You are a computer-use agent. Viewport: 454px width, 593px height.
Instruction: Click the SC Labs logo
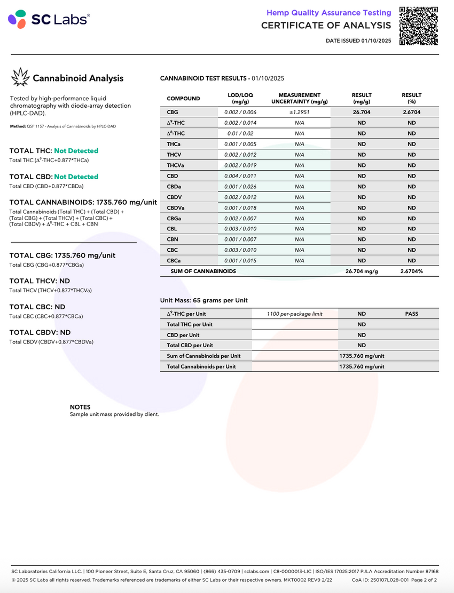tap(49, 19)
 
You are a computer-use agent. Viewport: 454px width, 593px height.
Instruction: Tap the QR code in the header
tap(419, 26)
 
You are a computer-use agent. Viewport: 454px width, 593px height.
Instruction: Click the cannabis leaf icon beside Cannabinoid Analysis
tap(20, 77)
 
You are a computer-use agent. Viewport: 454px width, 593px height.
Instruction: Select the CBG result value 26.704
tap(362, 113)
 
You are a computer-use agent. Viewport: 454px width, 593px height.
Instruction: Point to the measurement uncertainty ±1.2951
tap(299, 113)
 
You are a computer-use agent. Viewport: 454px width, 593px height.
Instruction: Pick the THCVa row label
tap(176, 165)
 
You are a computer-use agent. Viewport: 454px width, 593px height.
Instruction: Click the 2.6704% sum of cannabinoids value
tap(411, 271)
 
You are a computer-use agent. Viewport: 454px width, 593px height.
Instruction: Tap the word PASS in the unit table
tap(411, 314)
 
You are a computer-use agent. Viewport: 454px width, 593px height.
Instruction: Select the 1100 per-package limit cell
tap(294, 314)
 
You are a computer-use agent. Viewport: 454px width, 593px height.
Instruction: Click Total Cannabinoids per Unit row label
tap(201, 367)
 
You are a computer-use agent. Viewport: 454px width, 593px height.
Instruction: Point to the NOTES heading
tap(80, 407)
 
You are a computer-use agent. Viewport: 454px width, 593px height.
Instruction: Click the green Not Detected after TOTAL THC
tap(76, 151)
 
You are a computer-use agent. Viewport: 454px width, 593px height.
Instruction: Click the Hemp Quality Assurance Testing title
tap(328, 12)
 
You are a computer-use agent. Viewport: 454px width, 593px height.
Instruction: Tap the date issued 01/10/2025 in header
tap(377, 41)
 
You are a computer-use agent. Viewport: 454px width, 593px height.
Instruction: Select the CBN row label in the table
tap(173, 239)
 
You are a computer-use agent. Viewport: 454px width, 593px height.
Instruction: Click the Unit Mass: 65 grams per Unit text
tap(204, 301)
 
